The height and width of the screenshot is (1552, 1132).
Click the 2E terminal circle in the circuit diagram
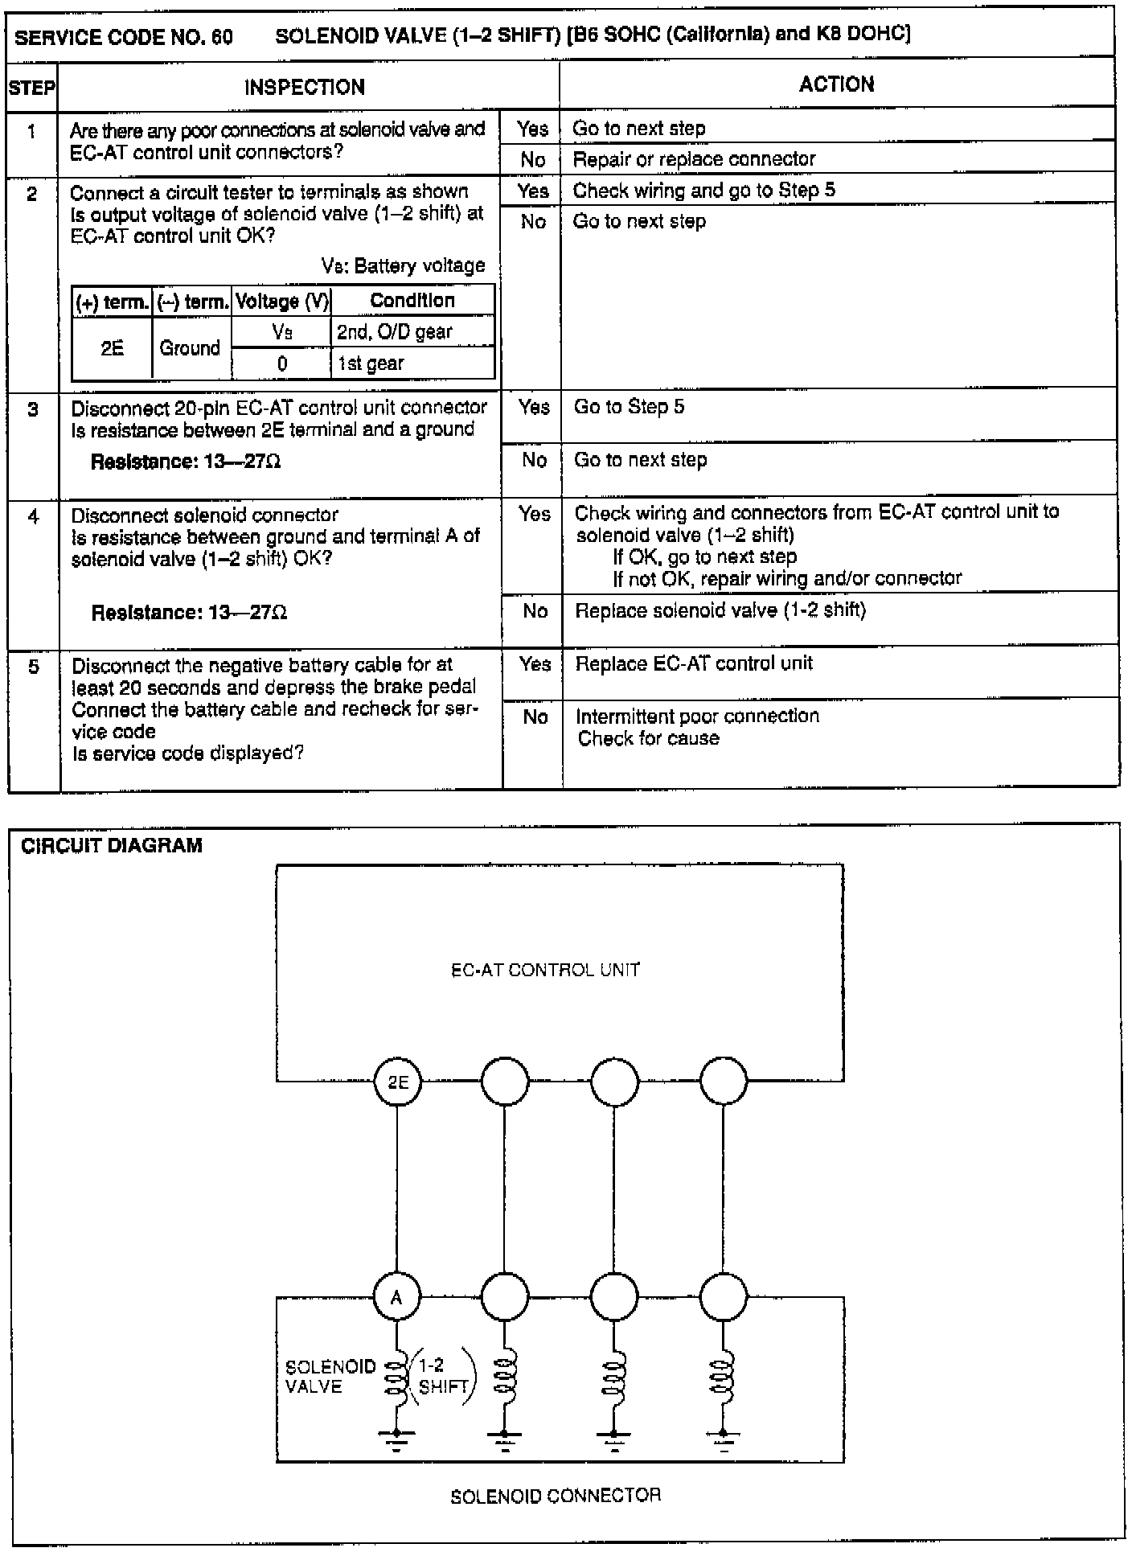pos(397,1082)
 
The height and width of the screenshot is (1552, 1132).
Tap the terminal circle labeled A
pos(397,1297)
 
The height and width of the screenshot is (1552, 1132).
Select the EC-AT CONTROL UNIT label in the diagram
pos(545,970)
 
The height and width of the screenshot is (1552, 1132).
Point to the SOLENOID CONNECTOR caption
pos(556,1497)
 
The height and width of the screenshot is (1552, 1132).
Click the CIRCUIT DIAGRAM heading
pos(112,845)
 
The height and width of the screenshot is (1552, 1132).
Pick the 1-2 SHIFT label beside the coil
pos(441,1376)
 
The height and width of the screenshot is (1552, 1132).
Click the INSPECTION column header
pos(305,87)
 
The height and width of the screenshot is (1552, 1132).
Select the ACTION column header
pos(836,84)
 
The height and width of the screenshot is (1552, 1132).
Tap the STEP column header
pos(32,88)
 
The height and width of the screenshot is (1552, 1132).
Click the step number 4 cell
pos(33,516)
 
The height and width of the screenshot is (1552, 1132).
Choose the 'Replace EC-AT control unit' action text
pos(694,663)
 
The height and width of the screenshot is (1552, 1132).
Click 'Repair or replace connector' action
pos(694,159)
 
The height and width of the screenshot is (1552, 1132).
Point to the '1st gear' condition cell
pos(371,363)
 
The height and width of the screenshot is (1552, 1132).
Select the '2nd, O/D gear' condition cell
pos(394,331)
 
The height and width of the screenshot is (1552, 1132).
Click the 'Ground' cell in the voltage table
pos(190,347)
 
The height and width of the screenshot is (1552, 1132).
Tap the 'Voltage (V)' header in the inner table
pos(282,302)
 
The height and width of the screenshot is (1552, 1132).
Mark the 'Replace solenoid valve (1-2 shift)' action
pos(720,610)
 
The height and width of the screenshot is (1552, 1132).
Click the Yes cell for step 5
pos(535,664)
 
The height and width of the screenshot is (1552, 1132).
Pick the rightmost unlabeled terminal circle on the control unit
pos(724,1082)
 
